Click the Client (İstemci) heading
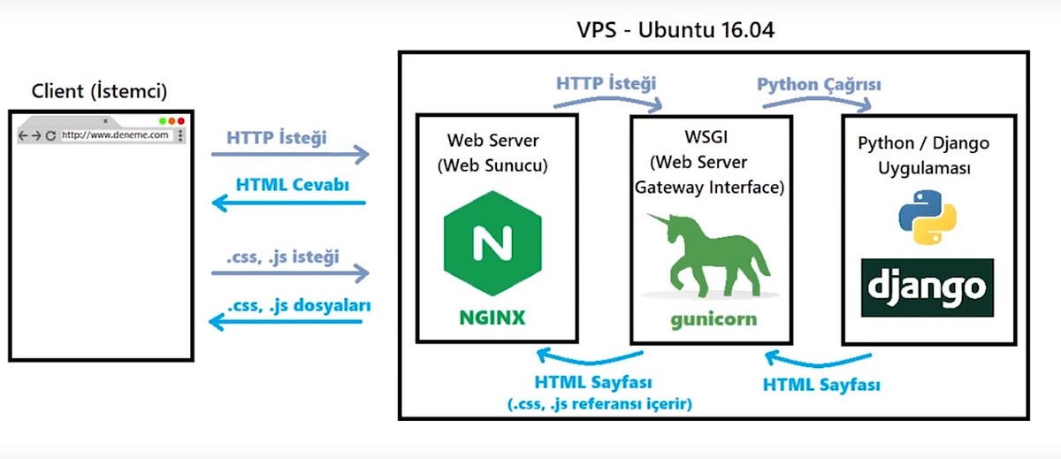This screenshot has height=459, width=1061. pos(99,91)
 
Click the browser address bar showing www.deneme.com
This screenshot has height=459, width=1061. pos(115,135)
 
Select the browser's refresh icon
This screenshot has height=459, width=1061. pos(51,135)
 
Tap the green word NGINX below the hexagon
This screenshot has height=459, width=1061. pos(491,317)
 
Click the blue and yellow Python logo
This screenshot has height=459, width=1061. pos(927,214)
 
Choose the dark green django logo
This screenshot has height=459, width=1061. pos(927,287)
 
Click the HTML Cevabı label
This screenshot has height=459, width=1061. pos(291,185)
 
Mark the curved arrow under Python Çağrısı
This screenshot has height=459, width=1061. pos(819,103)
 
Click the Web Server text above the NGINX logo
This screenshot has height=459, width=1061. pos(492,140)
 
